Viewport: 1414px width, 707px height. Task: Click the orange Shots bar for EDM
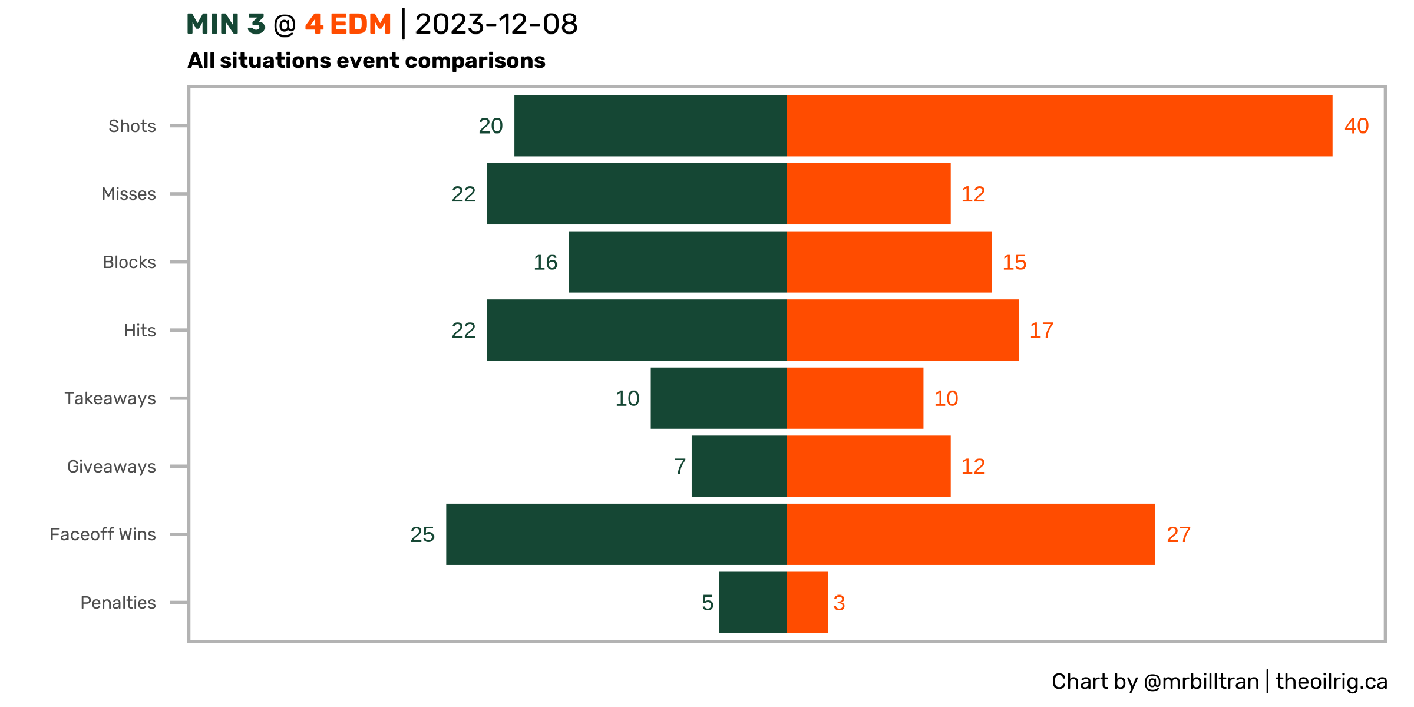pos(1059,125)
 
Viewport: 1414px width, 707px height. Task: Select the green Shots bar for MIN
pos(650,125)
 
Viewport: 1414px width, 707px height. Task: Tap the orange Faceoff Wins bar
pos(971,534)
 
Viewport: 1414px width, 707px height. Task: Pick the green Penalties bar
pos(752,602)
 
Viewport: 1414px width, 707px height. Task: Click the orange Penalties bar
pos(807,602)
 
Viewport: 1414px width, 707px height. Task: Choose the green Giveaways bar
pos(739,466)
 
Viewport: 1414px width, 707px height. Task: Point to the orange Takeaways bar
pos(855,398)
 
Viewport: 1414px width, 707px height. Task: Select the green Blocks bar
pos(678,262)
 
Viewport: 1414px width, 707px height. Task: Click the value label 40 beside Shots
pos(1356,126)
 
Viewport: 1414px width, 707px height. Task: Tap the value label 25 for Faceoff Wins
pos(422,535)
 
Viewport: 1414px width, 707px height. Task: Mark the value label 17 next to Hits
pos(1041,331)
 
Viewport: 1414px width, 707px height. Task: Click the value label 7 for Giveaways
pos(680,467)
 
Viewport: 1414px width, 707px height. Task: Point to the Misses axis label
pos(128,194)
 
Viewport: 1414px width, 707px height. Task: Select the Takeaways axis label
pos(110,399)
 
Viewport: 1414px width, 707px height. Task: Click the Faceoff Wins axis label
pos(103,534)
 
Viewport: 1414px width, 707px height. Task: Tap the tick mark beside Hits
pos(179,330)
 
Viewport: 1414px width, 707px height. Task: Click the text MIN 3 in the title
pos(226,25)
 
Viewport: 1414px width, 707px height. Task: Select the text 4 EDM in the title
pos(348,25)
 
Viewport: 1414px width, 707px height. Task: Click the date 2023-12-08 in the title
pos(496,25)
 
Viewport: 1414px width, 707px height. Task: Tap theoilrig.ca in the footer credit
pos(1332,682)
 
